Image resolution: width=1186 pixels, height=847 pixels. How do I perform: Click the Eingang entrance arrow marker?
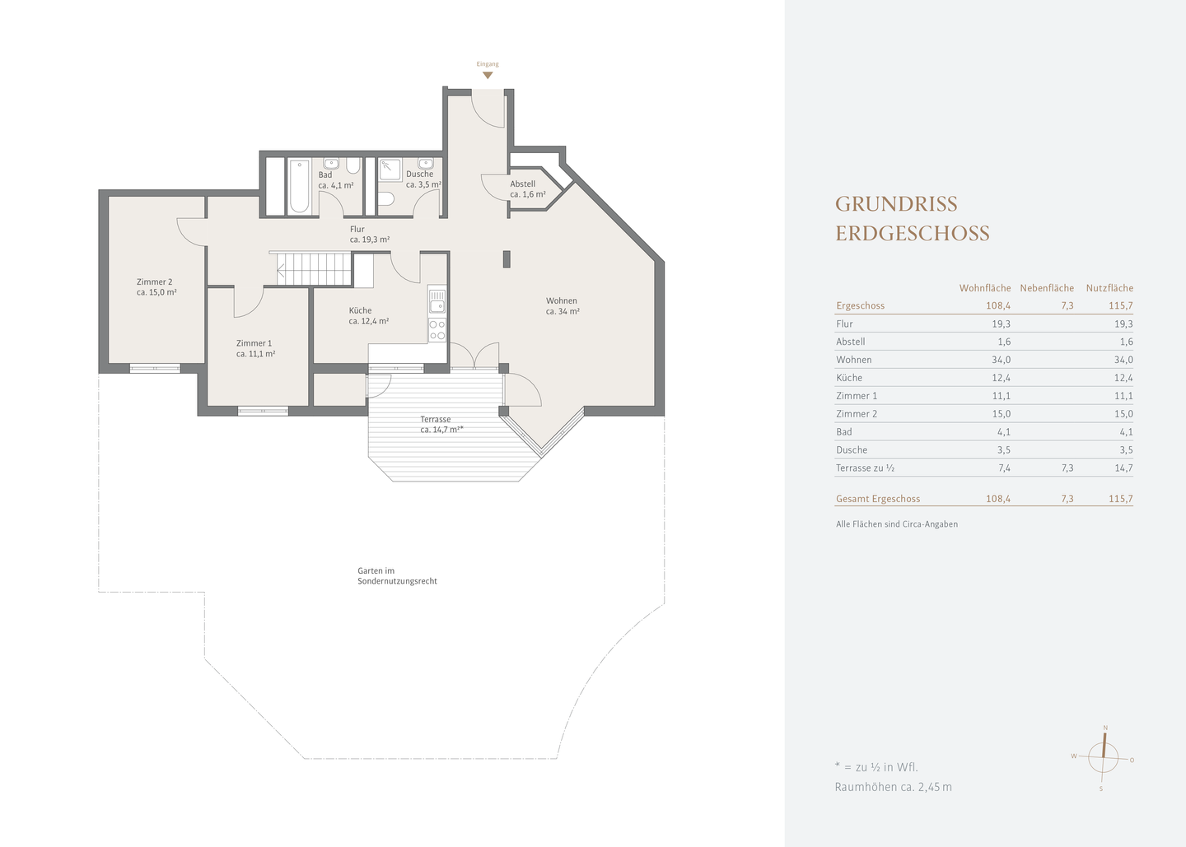coord(488,76)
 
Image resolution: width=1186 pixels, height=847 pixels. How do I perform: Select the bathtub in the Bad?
coord(299,186)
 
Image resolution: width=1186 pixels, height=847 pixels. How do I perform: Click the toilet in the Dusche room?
coord(386,199)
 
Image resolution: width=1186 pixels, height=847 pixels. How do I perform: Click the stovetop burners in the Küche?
coord(437,329)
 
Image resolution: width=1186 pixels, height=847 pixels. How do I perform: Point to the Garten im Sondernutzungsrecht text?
coord(397,575)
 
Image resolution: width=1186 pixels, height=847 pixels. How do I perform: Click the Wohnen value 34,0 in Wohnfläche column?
coord(1002,360)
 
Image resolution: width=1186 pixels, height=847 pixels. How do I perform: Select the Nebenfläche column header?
coord(1047,288)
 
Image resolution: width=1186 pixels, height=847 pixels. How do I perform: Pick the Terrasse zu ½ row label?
coord(865,468)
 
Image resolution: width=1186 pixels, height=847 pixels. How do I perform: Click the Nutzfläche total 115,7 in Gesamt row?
coord(1121,498)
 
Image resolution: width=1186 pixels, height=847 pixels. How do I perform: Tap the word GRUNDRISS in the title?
coord(896,204)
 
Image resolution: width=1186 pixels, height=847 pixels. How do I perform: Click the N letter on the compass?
coord(1105,728)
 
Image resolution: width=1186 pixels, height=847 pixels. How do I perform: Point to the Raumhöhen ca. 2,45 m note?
coord(893,787)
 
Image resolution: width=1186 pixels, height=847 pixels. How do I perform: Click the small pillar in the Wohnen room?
coord(507,259)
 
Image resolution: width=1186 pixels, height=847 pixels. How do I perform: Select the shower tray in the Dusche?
coord(390,170)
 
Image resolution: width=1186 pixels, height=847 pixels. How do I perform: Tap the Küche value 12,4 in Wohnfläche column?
coord(1002,378)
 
